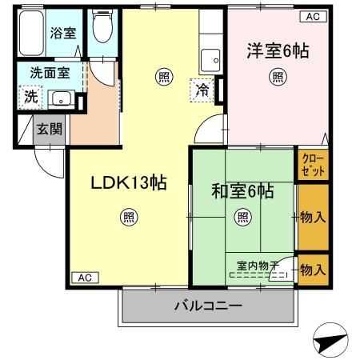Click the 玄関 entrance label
(x=48, y=129)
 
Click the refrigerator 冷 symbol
(x=203, y=90)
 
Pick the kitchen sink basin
(x=211, y=59)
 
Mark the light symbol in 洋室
(x=277, y=77)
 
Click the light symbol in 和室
(x=242, y=217)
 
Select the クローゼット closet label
(x=313, y=166)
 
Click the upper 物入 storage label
(x=313, y=217)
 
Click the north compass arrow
(x=331, y=342)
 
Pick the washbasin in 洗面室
(x=60, y=99)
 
